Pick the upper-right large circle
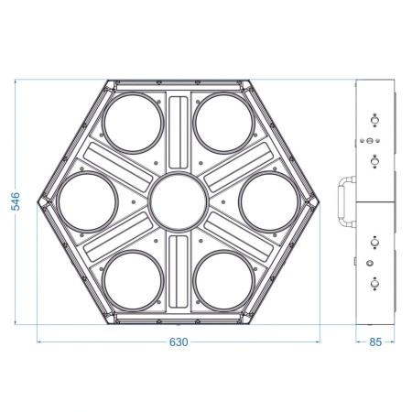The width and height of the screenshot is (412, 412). click(224, 121)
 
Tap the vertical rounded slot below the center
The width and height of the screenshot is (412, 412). click(179, 272)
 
